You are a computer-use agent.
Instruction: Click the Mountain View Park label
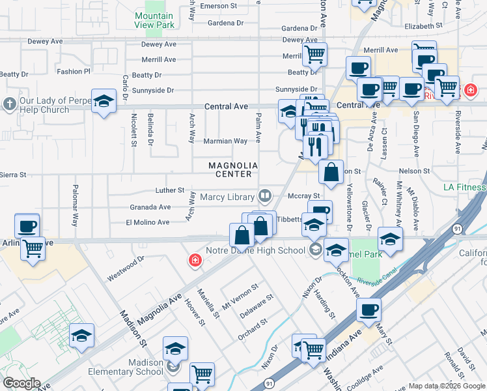[x=155, y=20]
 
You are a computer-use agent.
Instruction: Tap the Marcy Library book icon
[x=265, y=195]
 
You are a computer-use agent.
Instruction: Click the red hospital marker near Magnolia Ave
[x=195, y=261]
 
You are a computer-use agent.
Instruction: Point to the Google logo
[x=21, y=383]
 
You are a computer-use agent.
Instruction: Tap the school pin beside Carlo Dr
[x=104, y=101]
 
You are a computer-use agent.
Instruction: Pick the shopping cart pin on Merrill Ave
[x=314, y=55]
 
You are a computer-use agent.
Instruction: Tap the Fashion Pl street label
[x=74, y=72]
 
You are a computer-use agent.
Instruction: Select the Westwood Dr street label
[x=126, y=269]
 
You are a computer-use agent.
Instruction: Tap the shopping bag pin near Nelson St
[x=331, y=173]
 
